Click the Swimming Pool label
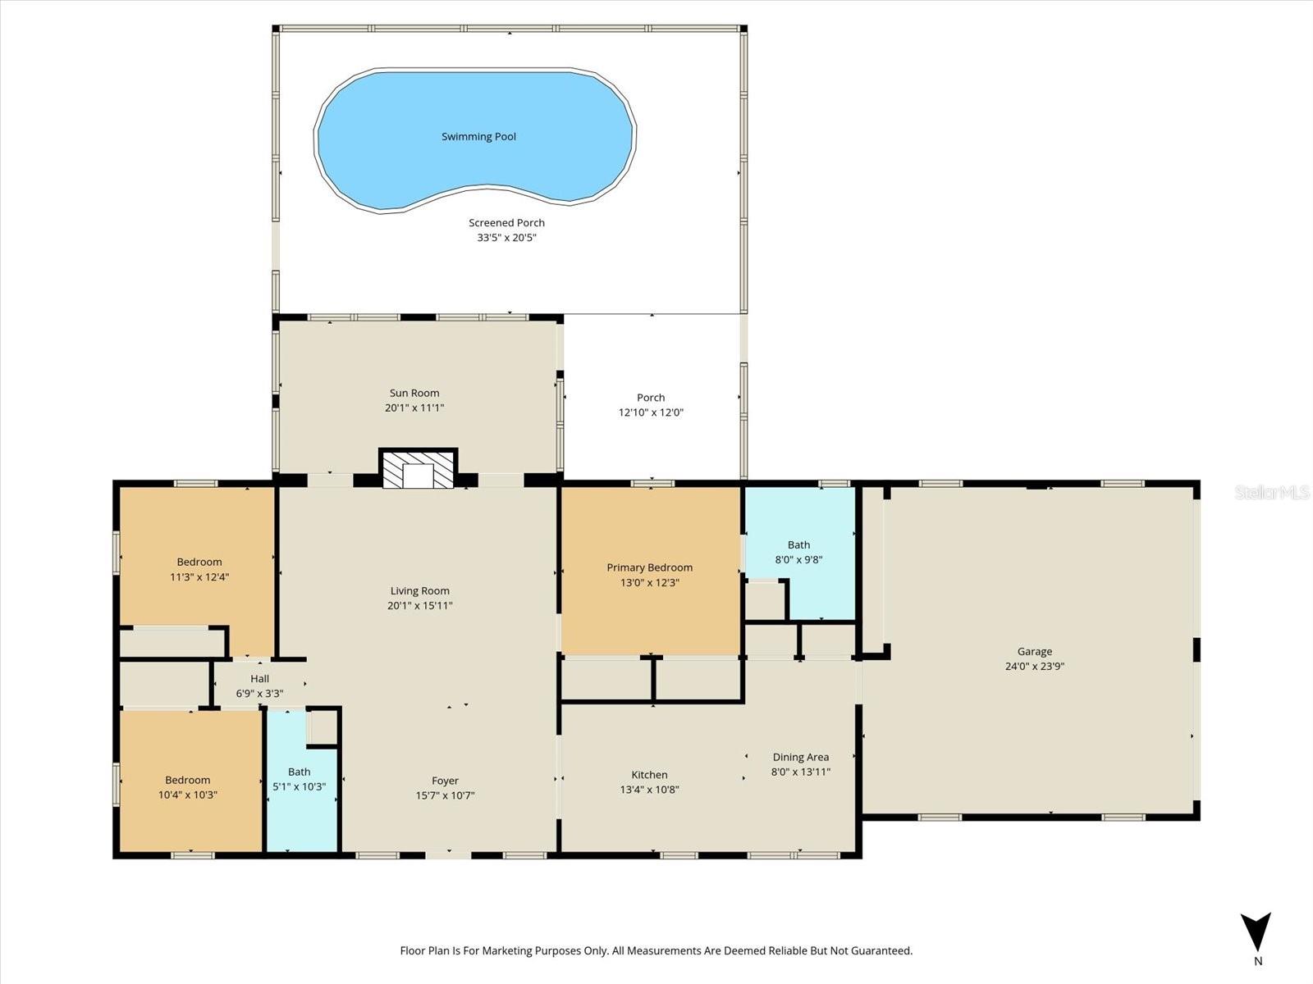click(478, 137)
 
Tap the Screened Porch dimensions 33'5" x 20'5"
click(506, 238)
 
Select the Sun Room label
click(414, 393)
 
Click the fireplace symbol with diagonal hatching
click(418, 471)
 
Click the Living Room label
click(419, 590)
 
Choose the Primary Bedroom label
click(649, 567)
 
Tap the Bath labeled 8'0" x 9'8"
click(798, 552)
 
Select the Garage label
click(1034, 652)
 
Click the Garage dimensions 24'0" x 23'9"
click(1034, 667)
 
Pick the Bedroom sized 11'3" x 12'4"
click(199, 569)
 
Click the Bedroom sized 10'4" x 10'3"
click(188, 787)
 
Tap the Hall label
click(259, 678)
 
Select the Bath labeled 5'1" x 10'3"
click(299, 779)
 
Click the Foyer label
click(445, 781)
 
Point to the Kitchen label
click(649, 775)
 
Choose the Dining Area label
click(800, 757)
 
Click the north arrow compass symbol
click(1256, 933)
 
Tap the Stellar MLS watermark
click(1271, 492)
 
